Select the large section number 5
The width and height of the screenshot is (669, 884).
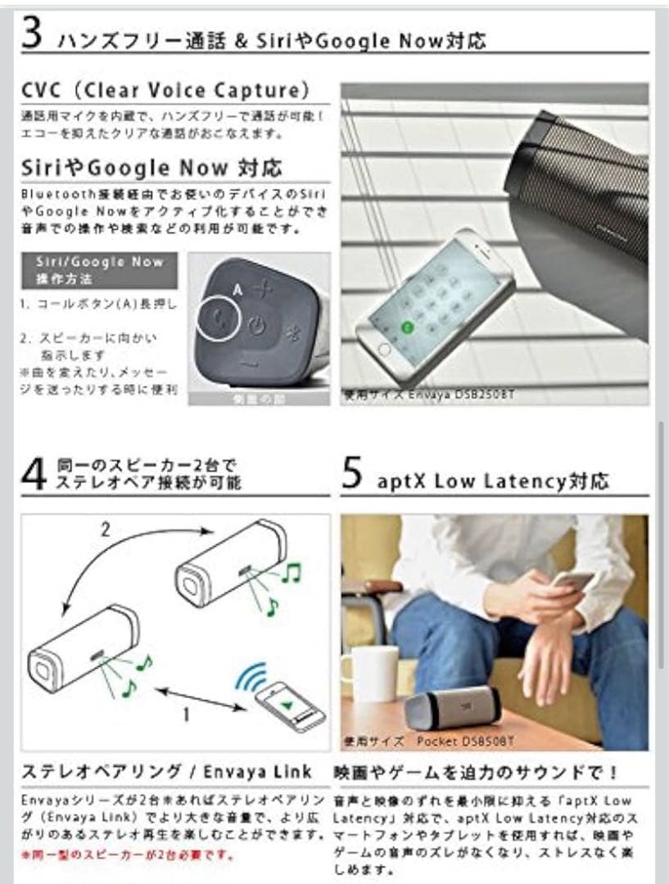(352, 476)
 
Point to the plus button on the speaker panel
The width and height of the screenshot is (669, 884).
(262, 288)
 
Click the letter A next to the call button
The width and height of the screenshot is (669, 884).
(236, 289)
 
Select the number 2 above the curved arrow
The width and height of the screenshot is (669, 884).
(105, 530)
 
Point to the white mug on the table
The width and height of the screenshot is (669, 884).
(369, 674)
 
